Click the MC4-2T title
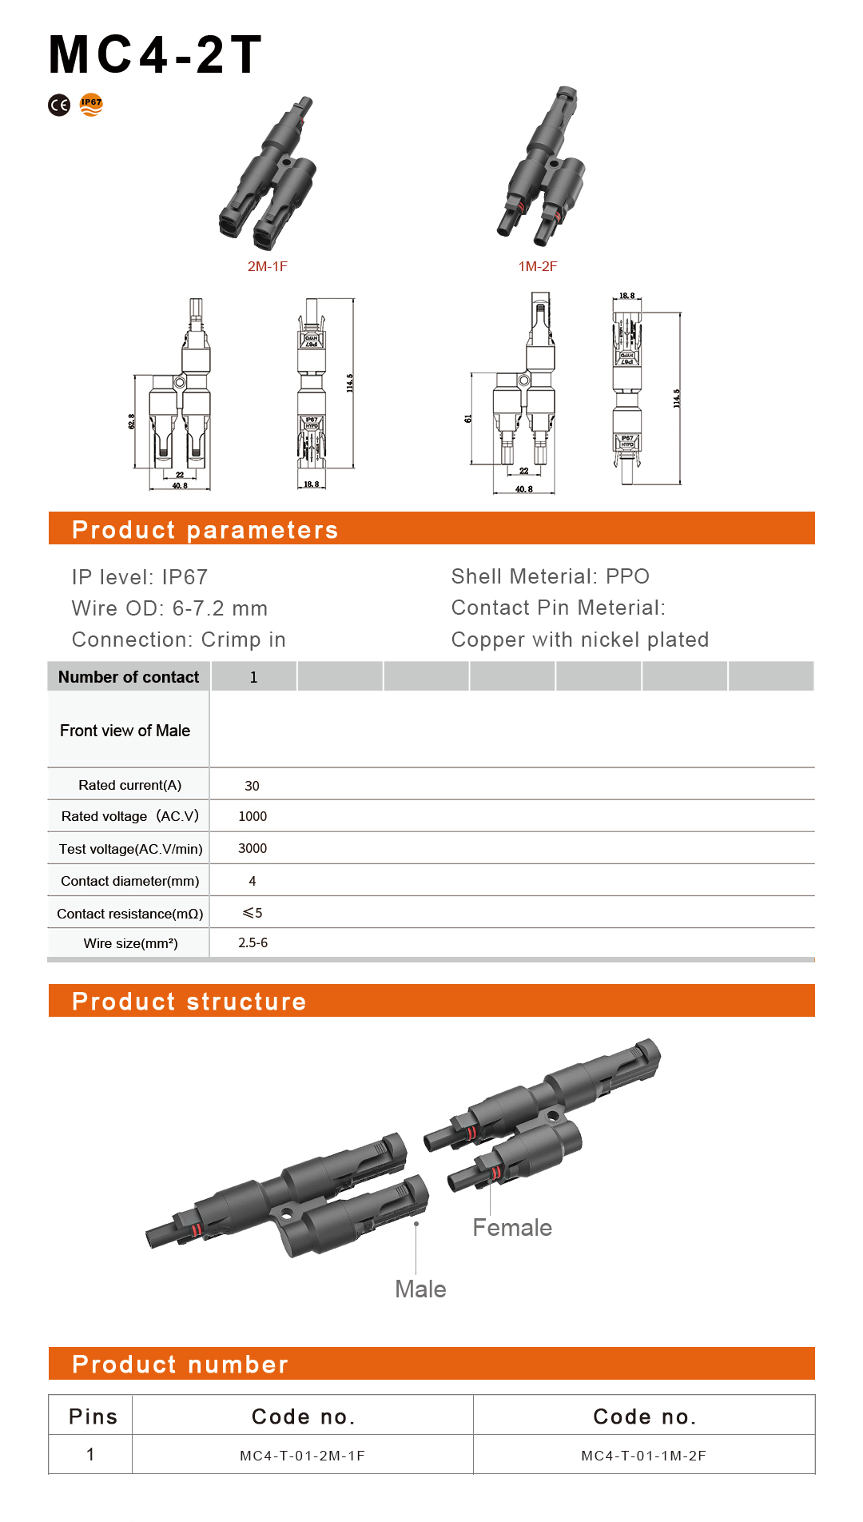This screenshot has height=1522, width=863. (155, 55)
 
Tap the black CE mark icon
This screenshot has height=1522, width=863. (59, 105)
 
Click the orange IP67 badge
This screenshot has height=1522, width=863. (91, 104)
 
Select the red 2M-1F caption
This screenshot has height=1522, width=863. (267, 266)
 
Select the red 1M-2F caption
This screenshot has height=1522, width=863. (538, 266)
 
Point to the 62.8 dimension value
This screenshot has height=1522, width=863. (132, 421)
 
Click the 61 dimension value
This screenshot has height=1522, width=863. (468, 418)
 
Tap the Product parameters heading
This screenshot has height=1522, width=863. (205, 529)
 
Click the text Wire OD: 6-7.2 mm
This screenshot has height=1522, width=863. (169, 608)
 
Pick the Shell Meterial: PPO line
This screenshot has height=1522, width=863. (550, 576)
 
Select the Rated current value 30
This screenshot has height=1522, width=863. (252, 786)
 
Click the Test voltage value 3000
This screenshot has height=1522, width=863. (253, 848)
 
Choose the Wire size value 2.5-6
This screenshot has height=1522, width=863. (253, 943)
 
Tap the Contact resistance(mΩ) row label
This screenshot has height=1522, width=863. (129, 914)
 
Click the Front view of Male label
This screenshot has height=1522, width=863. (125, 731)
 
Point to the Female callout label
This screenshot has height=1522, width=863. (511, 1228)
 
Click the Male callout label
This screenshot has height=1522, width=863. (420, 1289)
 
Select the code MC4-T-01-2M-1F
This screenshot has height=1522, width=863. (302, 1456)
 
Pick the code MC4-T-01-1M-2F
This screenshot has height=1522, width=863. (643, 1456)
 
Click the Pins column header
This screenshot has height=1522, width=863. (93, 1416)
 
